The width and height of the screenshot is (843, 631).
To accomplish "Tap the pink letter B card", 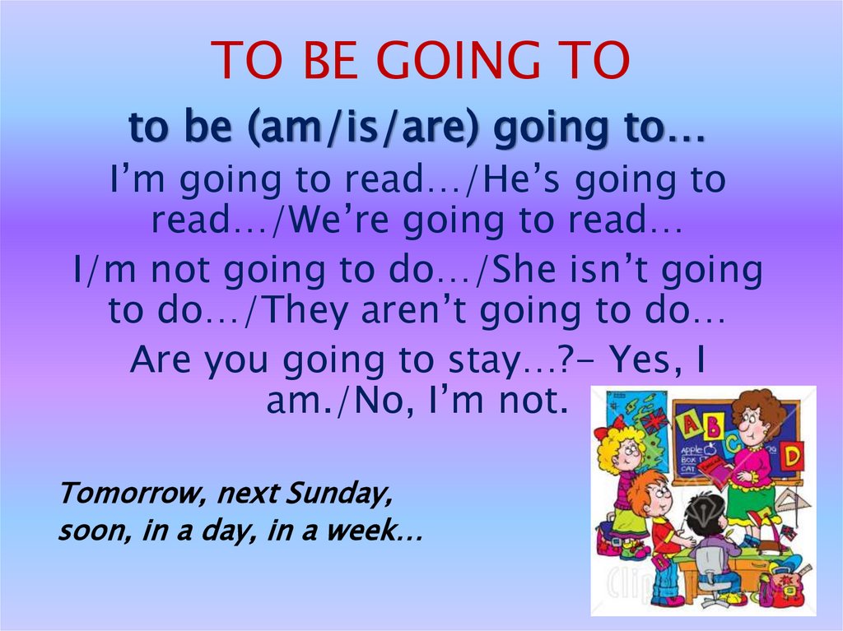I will (x=713, y=425).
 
